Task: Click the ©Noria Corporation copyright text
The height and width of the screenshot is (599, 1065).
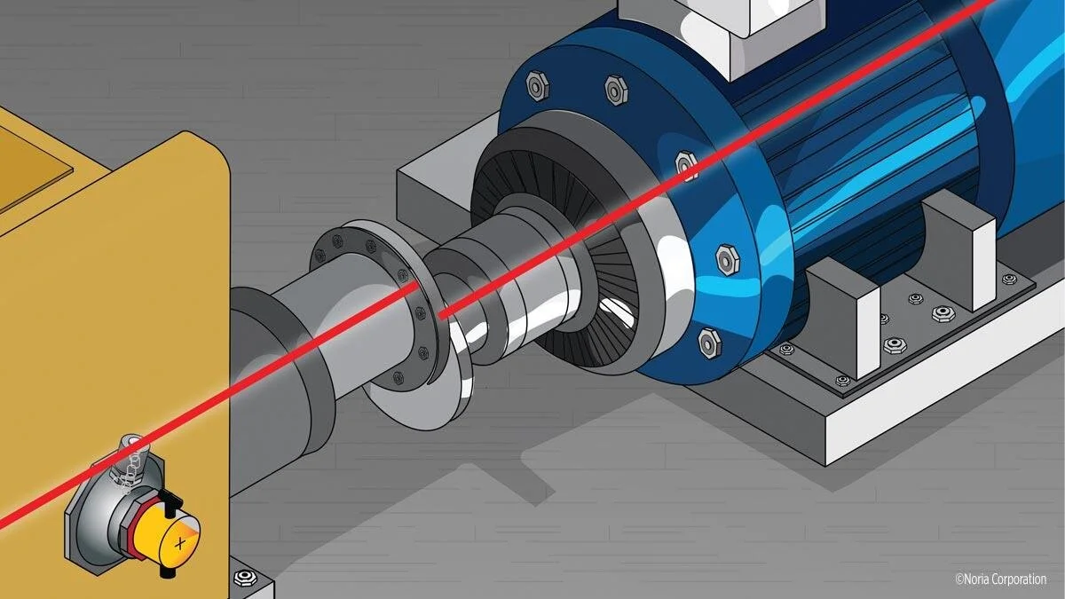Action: (1001, 579)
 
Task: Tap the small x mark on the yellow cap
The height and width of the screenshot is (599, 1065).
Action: (179, 543)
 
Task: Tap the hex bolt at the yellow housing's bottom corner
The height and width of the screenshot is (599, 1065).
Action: (245, 578)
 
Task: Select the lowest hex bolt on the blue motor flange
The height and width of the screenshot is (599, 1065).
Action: (710, 343)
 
